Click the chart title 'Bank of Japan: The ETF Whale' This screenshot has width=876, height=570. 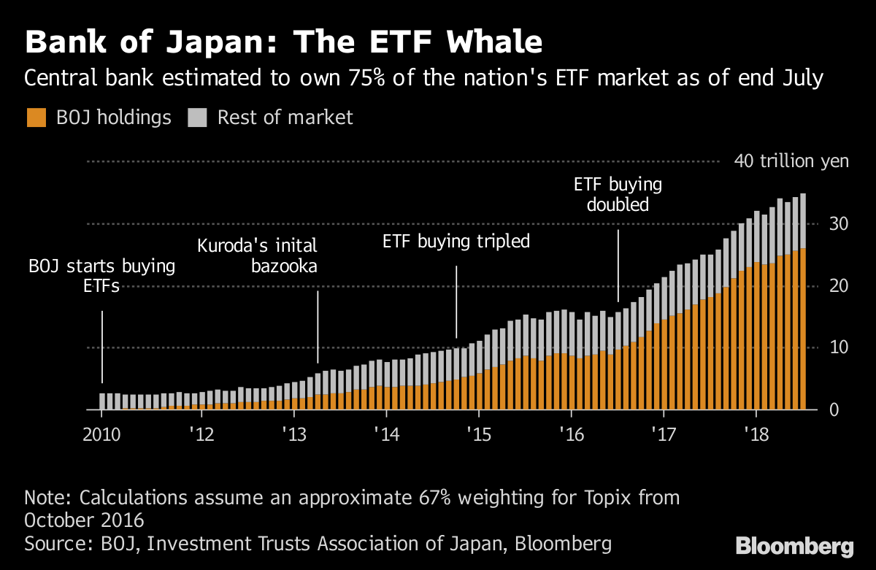pyautogui.click(x=283, y=42)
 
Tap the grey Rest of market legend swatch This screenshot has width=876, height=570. pyautogui.click(x=198, y=117)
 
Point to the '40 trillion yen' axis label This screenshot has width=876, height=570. pyautogui.click(x=791, y=161)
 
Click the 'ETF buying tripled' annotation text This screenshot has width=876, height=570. pyautogui.click(x=456, y=242)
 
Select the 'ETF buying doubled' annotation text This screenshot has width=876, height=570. pyautogui.click(x=618, y=194)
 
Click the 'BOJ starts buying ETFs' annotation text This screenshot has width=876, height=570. pyautogui.click(x=101, y=276)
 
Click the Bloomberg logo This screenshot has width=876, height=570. pyautogui.click(x=794, y=546)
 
